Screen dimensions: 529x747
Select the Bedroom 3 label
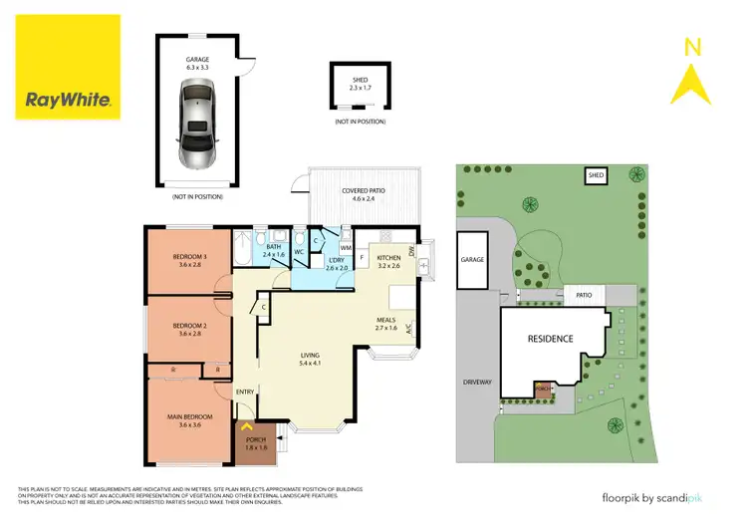point(188,260)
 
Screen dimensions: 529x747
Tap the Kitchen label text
point(388,261)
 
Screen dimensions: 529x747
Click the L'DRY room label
point(338,264)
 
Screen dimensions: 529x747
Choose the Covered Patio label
point(364,194)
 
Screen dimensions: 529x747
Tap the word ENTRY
point(245,392)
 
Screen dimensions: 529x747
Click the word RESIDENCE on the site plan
point(550,339)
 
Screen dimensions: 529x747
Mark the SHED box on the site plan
point(596,176)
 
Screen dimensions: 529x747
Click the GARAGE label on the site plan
point(471,260)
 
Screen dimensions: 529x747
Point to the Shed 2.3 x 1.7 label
point(360,84)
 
